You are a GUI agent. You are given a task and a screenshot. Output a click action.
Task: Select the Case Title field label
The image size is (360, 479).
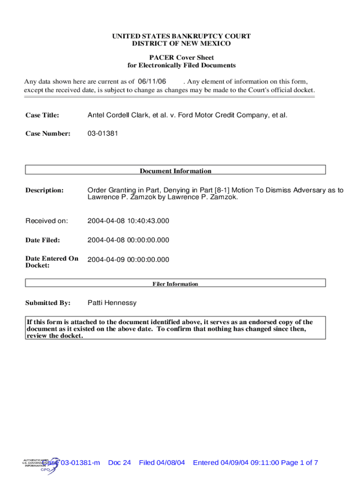point(42,115)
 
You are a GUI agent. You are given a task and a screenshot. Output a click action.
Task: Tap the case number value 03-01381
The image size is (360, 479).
point(103,133)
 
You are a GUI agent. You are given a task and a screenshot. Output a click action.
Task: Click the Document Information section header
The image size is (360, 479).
point(175,171)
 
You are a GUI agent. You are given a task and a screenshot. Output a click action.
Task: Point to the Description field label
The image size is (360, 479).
point(44,190)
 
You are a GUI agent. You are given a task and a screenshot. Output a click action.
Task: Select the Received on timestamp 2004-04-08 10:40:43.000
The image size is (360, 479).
point(128,220)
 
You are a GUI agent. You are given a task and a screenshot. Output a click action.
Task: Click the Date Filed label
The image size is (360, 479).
point(43,240)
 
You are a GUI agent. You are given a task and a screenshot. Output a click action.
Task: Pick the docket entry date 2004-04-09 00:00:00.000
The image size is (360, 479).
point(128,260)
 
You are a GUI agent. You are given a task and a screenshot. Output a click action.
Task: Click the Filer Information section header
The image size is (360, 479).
point(175,283)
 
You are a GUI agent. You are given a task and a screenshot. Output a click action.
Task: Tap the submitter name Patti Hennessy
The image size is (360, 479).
point(112,303)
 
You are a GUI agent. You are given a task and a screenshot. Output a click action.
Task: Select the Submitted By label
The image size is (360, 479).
point(48,303)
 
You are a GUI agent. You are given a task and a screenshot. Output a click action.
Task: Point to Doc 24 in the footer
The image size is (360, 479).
point(119,463)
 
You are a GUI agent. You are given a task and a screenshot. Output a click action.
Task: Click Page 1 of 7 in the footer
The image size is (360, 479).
point(300,463)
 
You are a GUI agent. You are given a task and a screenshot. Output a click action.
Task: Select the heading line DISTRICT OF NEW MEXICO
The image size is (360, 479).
point(181,44)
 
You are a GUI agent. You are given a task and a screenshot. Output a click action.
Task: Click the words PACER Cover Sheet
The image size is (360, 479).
point(181,58)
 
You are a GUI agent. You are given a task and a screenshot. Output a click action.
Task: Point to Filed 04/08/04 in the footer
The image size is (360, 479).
point(162,463)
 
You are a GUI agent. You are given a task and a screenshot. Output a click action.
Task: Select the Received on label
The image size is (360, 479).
point(47,220)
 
